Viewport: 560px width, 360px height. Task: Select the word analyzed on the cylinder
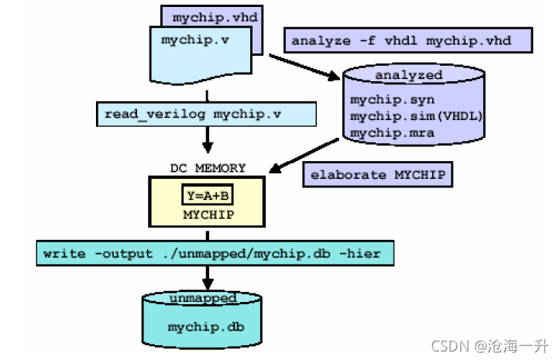[x=408, y=75]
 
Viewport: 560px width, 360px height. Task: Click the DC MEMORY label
[x=208, y=167]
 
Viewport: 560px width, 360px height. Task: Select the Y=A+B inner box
[x=208, y=196]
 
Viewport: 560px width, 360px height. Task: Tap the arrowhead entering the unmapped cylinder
[x=208, y=284]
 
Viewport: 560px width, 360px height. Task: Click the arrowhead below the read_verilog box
[x=208, y=147]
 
